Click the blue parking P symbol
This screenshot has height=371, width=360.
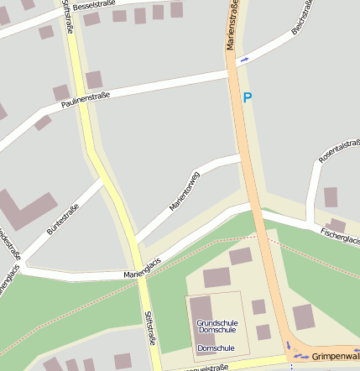(247, 97)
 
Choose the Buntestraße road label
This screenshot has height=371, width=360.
(63, 219)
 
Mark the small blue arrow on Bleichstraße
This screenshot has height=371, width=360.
(244, 60)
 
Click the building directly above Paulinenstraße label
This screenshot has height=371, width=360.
(94, 80)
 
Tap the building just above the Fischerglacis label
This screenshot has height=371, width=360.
(337, 224)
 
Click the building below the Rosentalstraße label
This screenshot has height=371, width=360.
(331, 197)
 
